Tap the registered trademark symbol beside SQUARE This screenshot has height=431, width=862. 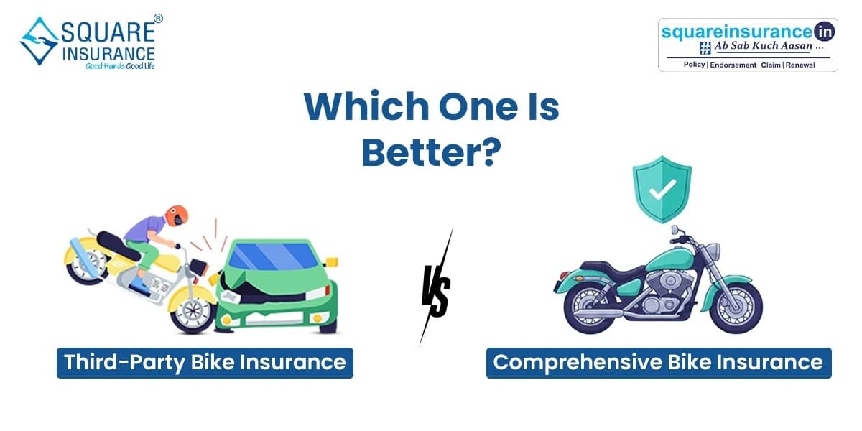pyautogui.click(x=158, y=18)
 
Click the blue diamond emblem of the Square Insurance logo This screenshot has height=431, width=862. pyautogui.click(x=40, y=41)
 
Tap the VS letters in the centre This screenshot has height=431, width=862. pyautogui.click(x=436, y=289)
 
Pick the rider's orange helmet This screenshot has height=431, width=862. pyautogui.click(x=177, y=215)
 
